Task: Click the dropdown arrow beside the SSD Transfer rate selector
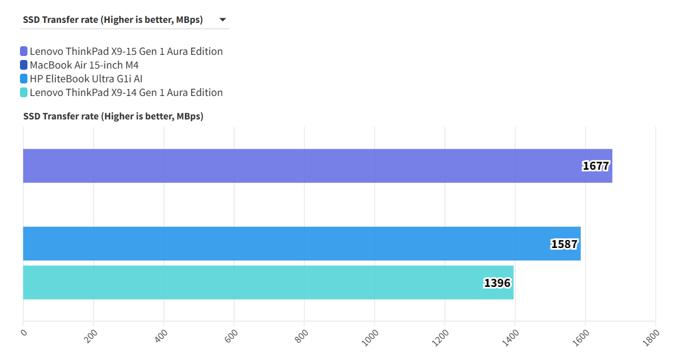[x=223, y=20]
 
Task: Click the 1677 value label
[x=596, y=166]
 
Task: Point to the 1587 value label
[x=564, y=244]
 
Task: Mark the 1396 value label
[x=497, y=283]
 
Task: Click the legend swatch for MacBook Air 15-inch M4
[x=23, y=65]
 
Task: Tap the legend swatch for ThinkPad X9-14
[x=23, y=93]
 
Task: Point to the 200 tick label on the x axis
[x=90, y=336]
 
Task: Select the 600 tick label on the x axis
[x=231, y=336]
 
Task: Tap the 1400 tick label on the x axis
[x=511, y=337]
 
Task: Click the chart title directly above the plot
[x=113, y=117]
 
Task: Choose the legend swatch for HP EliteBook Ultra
[x=23, y=79]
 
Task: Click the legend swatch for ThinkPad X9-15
[x=23, y=51]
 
